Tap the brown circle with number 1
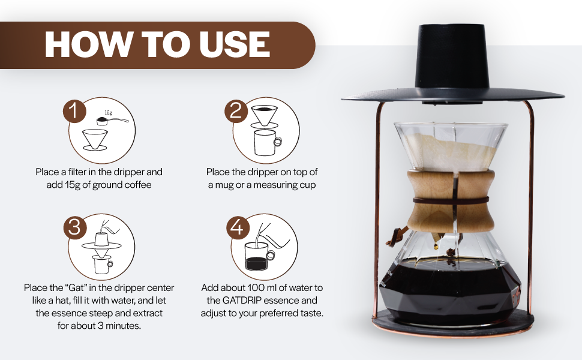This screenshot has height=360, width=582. click(x=74, y=111)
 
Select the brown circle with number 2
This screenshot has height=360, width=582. click(x=236, y=111)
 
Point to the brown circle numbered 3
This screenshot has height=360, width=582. click(x=74, y=227)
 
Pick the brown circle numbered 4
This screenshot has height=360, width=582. click(x=238, y=227)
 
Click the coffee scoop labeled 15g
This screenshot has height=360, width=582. click(x=112, y=120)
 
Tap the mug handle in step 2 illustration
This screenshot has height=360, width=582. click(x=277, y=141)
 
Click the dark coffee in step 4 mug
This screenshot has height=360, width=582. click(x=256, y=263)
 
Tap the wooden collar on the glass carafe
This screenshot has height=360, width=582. click(x=451, y=201)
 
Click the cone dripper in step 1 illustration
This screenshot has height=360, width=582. click(x=95, y=139)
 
